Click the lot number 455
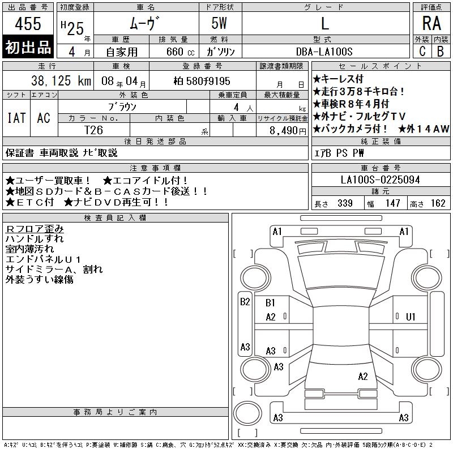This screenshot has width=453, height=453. click(x=28, y=24)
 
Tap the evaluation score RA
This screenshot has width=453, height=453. click(x=431, y=24)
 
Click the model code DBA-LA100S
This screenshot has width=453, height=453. click(x=324, y=51)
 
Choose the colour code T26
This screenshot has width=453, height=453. click(x=93, y=130)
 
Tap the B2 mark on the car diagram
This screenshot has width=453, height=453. click(x=245, y=302)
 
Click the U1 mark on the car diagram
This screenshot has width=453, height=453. click(x=411, y=317)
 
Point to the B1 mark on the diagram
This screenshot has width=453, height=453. click(x=271, y=304)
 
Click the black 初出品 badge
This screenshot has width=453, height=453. click(x=28, y=48)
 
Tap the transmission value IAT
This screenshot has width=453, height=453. click(x=16, y=118)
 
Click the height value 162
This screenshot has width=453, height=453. click(x=438, y=203)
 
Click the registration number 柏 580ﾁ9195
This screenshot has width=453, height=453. click(x=202, y=81)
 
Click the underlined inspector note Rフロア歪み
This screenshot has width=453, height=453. click(x=35, y=228)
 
